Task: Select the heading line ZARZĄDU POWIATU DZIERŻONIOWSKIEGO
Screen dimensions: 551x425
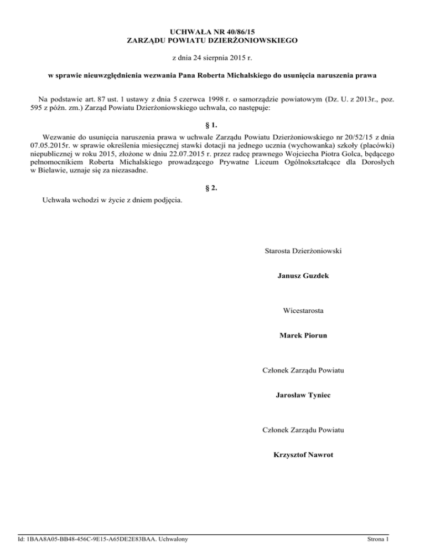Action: (212, 40)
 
